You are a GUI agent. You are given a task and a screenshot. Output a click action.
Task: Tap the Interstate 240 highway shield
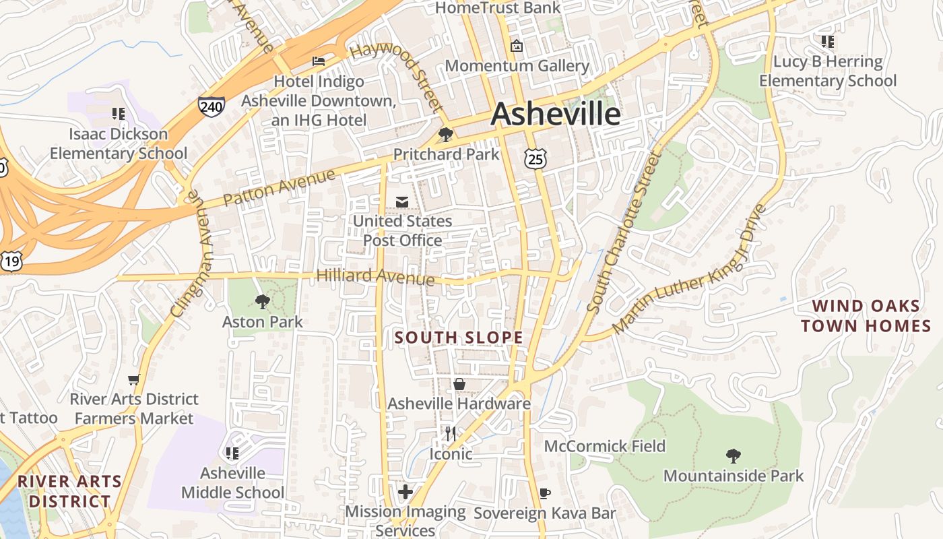(x=212, y=106)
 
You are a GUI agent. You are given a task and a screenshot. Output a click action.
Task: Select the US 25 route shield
(x=535, y=158)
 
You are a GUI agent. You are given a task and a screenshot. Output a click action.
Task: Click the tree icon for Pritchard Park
(x=445, y=135)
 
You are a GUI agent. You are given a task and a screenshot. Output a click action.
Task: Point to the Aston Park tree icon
(x=263, y=302)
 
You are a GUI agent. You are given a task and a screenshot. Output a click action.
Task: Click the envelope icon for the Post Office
(x=402, y=201)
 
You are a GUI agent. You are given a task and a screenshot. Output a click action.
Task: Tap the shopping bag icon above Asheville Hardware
(x=459, y=384)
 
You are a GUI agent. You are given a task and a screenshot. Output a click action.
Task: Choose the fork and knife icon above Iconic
(x=451, y=433)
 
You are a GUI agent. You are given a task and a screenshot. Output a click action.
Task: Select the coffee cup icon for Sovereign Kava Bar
(x=545, y=494)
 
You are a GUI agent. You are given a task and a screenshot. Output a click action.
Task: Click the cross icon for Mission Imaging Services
(x=405, y=492)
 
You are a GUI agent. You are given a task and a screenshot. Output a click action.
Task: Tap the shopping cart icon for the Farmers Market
(x=134, y=380)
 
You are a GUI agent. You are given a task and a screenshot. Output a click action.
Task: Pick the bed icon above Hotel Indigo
(x=319, y=61)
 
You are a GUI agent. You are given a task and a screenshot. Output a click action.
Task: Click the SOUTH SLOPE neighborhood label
(x=459, y=338)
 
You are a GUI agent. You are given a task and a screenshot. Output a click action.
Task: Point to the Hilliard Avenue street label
(x=375, y=276)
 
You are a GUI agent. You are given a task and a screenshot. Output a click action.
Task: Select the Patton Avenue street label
(x=279, y=188)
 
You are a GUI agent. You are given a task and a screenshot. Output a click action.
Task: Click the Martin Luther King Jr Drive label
(x=690, y=269)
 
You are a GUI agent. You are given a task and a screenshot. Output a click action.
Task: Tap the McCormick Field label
(x=604, y=446)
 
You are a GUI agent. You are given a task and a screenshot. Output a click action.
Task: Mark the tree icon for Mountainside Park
(x=734, y=456)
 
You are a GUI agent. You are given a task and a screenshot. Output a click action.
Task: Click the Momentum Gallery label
(x=517, y=66)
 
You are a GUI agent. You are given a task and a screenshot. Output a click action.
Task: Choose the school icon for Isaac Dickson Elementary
(x=119, y=114)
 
